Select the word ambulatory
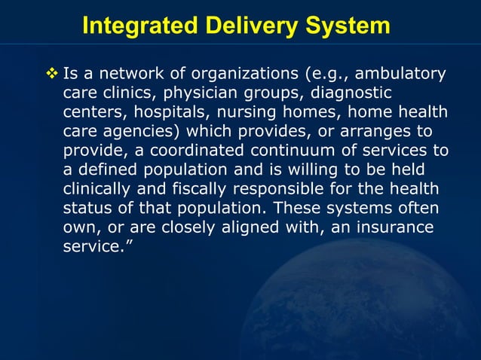400,74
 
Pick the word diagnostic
347,93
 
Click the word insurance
388,227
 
